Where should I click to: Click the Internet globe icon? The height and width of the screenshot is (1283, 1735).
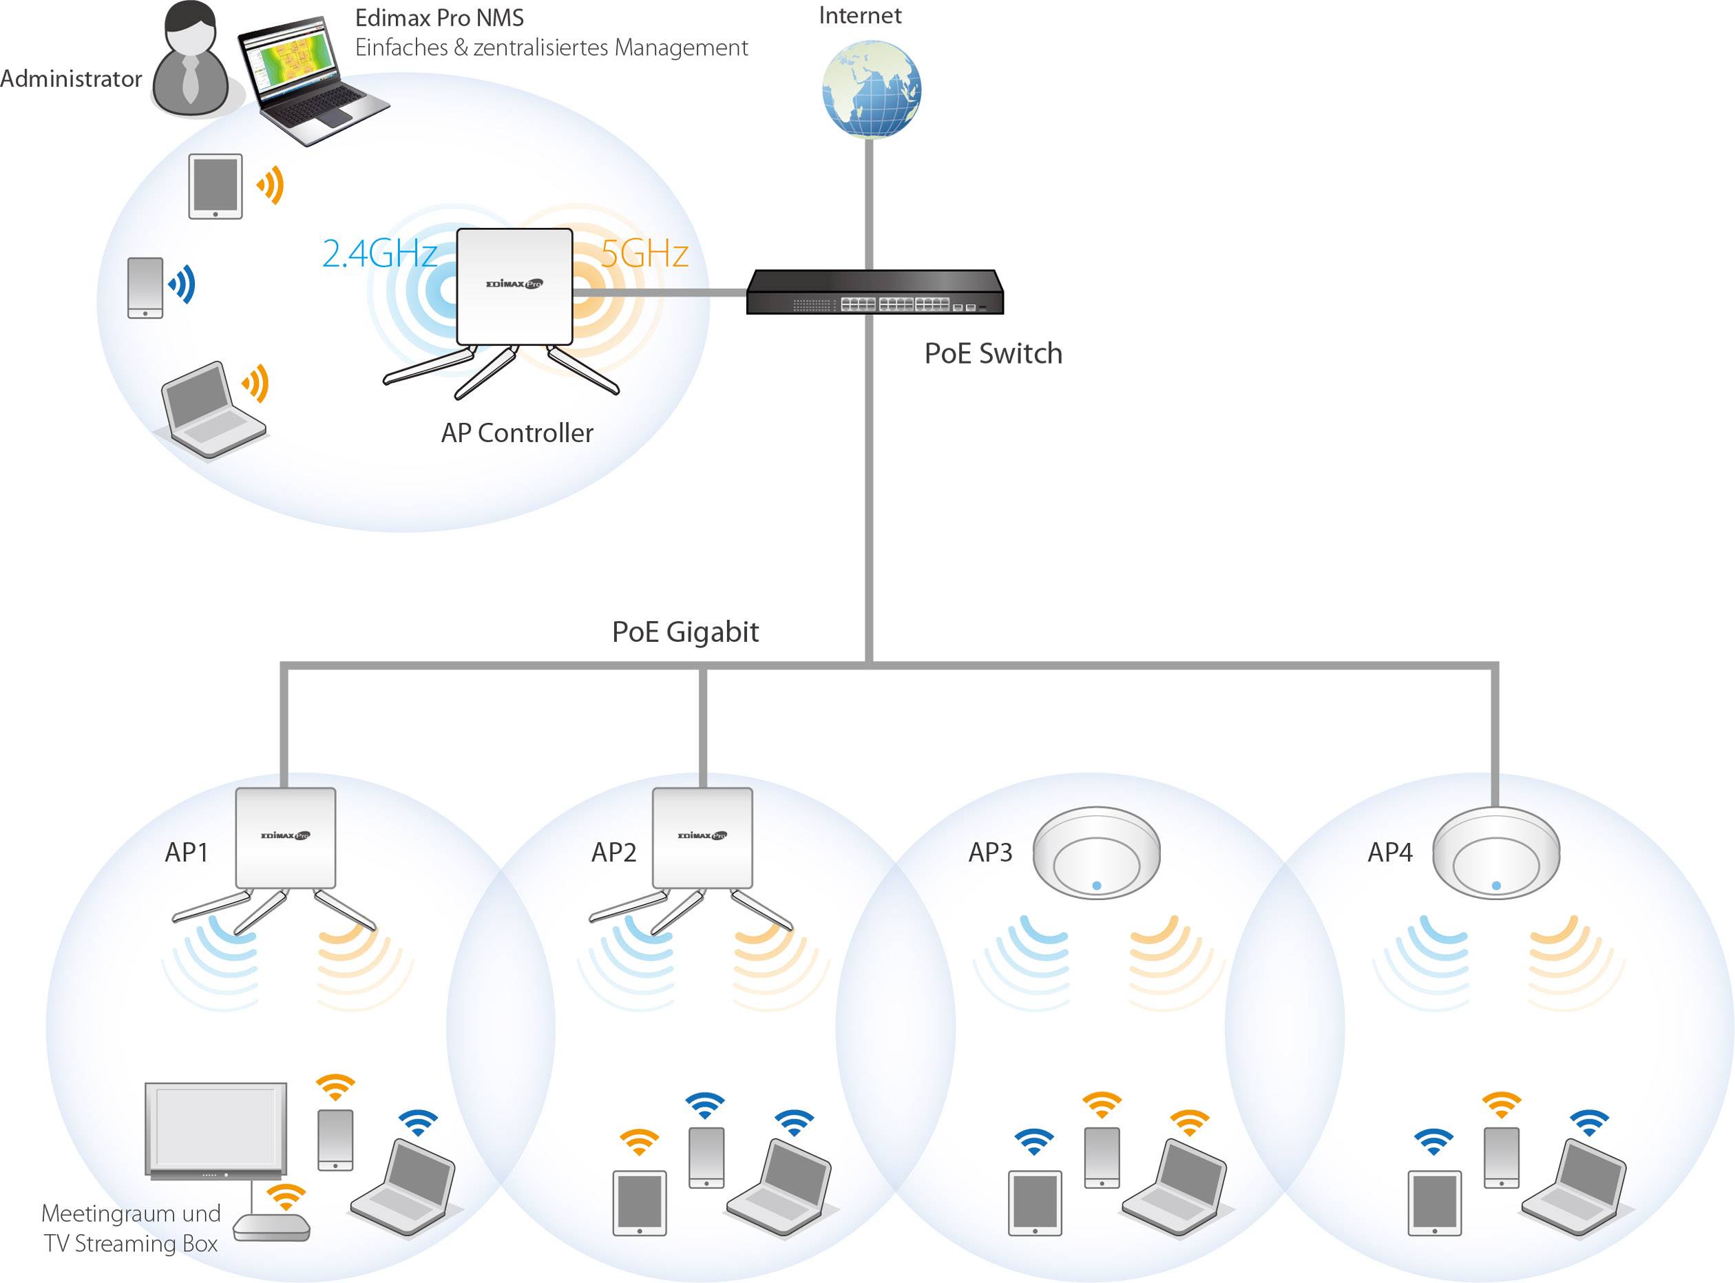[x=871, y=90]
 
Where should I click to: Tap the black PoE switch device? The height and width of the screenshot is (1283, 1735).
[x=875, y=293]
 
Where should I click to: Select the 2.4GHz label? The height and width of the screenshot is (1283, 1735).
[x=379, y=254]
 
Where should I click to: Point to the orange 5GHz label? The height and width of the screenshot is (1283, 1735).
[x=644, y=254]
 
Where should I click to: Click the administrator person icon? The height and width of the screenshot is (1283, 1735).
[x=191, y=61]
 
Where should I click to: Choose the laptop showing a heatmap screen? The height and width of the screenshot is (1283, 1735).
[x=311, y=81]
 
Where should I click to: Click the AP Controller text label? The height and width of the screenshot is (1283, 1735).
[x=517, y=433]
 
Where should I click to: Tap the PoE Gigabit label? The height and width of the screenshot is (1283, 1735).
[x=684, y=632]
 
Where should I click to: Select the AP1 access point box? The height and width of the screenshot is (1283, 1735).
[x=286, y=838]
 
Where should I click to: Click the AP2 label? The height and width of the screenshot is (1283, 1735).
[x=613, y=853]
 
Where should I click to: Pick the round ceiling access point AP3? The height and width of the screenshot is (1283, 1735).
[x=1096, y=853]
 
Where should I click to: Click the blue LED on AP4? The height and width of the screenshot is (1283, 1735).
[x=1496, y=886]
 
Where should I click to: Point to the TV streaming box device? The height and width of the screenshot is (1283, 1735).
[x=272, y=1227]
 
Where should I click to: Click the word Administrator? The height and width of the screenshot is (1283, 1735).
[x=71, y=79]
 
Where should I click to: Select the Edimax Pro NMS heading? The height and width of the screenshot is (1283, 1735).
[x=439, y=18]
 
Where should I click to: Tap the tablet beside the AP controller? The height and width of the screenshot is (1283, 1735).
[x=215, y=187]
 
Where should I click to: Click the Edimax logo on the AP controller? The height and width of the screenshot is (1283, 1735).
[x=514, y=284]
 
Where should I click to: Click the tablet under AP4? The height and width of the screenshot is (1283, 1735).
[x=1435, y=1203]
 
